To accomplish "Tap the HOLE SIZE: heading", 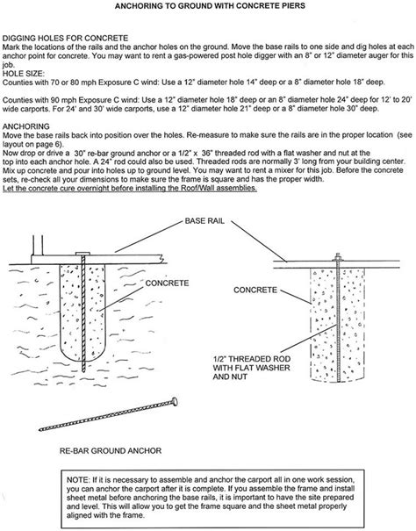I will (x=25, y=72).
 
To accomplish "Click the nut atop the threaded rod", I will (x=336, y=258).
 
